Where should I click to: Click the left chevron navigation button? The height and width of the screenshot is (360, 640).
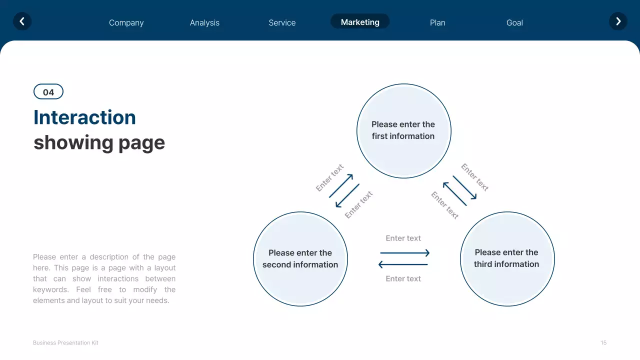pos(22,21)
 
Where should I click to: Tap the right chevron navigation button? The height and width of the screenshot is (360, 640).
pos(618,21)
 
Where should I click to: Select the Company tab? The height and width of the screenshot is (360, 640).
pos(126,22)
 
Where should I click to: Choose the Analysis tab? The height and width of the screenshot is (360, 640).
pos(204,22)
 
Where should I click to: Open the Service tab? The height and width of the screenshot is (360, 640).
pos(282,22)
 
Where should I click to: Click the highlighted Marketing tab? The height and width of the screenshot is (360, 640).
pos(360,22)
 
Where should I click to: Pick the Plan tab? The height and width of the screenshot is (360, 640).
pos(437,22)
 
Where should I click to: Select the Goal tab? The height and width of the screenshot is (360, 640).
pos(514,22)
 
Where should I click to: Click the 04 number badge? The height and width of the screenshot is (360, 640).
pos(48,92)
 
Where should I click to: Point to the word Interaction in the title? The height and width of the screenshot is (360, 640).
pos(84,117)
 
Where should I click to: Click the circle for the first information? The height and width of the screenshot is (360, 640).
pos(403,130)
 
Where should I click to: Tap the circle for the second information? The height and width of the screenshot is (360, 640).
pos(300,259)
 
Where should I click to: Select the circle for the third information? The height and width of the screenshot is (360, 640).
pos(507,258)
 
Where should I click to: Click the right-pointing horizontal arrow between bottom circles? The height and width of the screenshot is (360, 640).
pos(404,253)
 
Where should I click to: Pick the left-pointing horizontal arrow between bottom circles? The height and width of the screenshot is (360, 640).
pos(403,264)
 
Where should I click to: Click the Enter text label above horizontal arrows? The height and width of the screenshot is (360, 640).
pos(403,238)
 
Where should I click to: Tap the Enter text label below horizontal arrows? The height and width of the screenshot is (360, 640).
pos(403,279)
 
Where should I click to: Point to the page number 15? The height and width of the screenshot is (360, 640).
pos(603,343)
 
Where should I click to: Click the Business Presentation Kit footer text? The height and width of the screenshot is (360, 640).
pos(65,343)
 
